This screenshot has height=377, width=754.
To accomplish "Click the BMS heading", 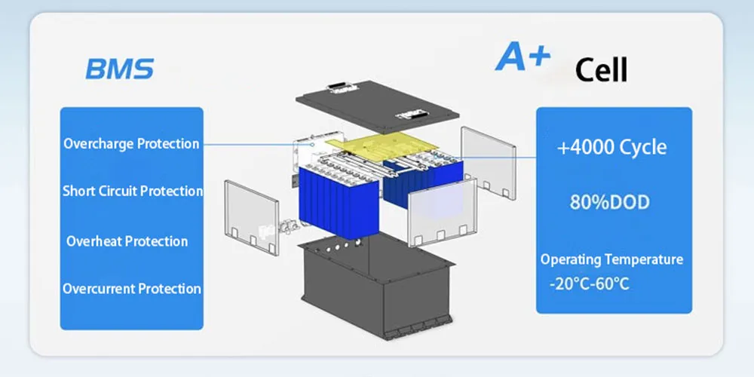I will pos(119,69).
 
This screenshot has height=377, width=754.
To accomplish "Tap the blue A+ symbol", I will pos(522,58).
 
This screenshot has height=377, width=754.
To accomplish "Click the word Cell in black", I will pos(601,69).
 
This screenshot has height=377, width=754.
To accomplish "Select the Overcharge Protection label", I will pos(131,143).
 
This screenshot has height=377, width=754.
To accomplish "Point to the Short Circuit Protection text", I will pos(133,191).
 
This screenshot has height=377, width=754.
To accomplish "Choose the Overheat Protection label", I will pos(127,241).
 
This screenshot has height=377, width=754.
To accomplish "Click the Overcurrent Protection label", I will pos(132,289).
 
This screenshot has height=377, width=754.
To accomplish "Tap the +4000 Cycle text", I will pos(611,147).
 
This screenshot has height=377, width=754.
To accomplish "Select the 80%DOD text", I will pos(610,203).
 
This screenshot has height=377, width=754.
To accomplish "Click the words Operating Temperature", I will pos(611,259).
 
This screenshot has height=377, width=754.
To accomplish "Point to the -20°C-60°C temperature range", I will pos(589,284).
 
